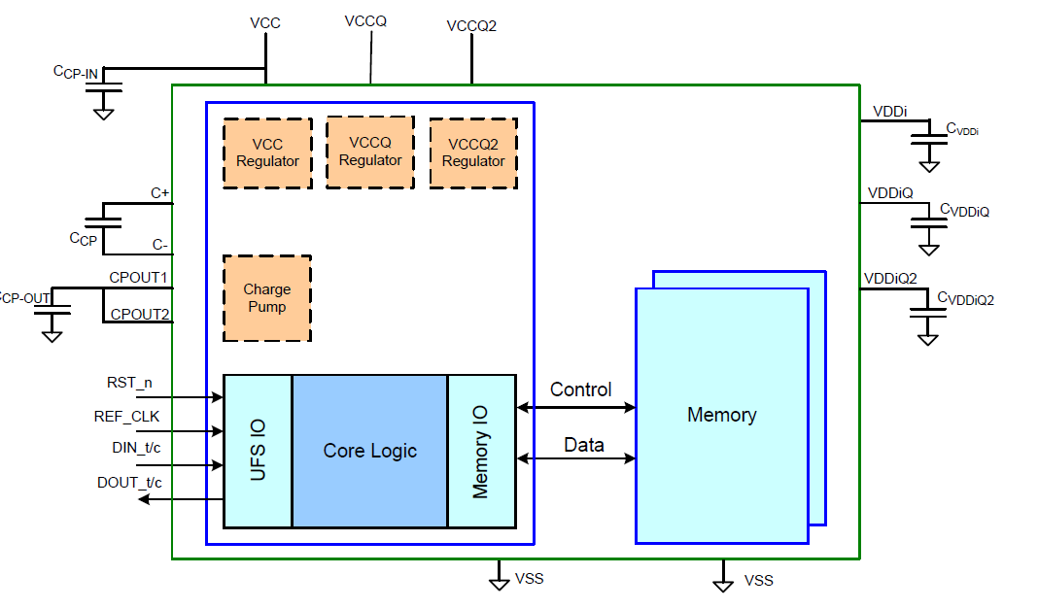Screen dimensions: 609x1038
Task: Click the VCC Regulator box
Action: point(267,153)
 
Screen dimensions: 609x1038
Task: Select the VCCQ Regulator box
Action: point(370,152)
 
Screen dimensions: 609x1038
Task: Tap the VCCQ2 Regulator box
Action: point(473,152)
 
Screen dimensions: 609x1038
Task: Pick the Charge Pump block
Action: point(267,298)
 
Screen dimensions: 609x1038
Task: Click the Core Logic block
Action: point(369,451)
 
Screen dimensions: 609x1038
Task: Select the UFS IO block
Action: point(258,451)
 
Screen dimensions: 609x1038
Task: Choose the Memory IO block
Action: point(481,451)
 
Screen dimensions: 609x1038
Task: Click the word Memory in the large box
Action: point(721,415)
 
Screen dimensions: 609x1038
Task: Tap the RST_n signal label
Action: point(129,383)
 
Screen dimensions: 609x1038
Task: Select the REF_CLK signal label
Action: point(126,417)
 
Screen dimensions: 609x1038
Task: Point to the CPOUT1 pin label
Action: point(139,278)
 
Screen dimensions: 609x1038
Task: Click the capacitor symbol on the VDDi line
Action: point(929,142)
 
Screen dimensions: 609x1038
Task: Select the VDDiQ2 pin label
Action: point(890,279)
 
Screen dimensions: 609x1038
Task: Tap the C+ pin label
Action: point(160,193)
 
